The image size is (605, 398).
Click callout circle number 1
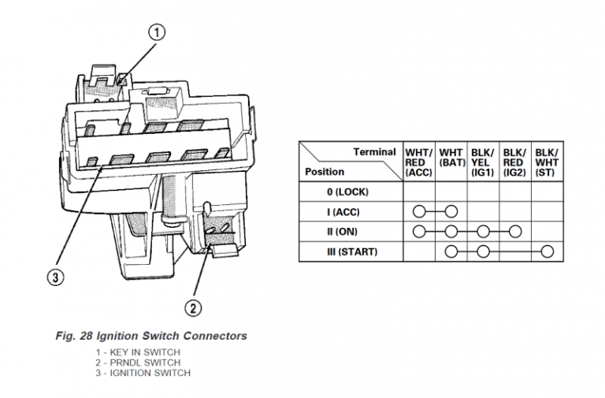(x=158, y=32)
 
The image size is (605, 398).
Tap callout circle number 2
(x=192, y=307)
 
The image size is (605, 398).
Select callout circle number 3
(x=51, y=277)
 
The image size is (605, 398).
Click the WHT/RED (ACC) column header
(x=418, y=162)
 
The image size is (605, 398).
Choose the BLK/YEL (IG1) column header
(x=482, y=162)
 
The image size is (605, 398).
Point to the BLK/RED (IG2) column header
(x=514, y=162)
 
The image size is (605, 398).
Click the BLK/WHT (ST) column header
(x=546, y=162)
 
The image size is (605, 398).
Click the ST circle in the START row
(x=547, y=252)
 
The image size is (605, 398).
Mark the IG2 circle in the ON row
(x=514, y=232)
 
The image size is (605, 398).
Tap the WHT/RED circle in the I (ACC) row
(x=419, y=212)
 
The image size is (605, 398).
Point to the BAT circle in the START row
(x=451, y=252)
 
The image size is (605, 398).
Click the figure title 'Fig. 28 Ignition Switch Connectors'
(x=151, y=336)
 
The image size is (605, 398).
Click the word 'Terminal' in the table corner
(x=374, y=151)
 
